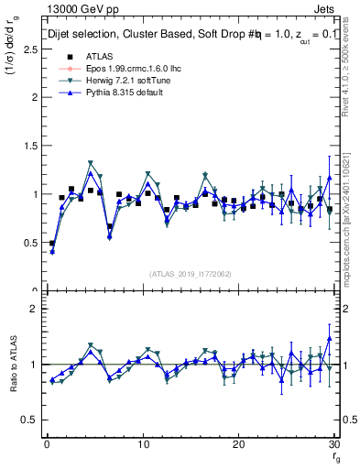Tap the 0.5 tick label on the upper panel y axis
point(28,243)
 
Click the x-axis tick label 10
point(143,444)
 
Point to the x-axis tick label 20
point(239,444)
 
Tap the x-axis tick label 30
point(334,444)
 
